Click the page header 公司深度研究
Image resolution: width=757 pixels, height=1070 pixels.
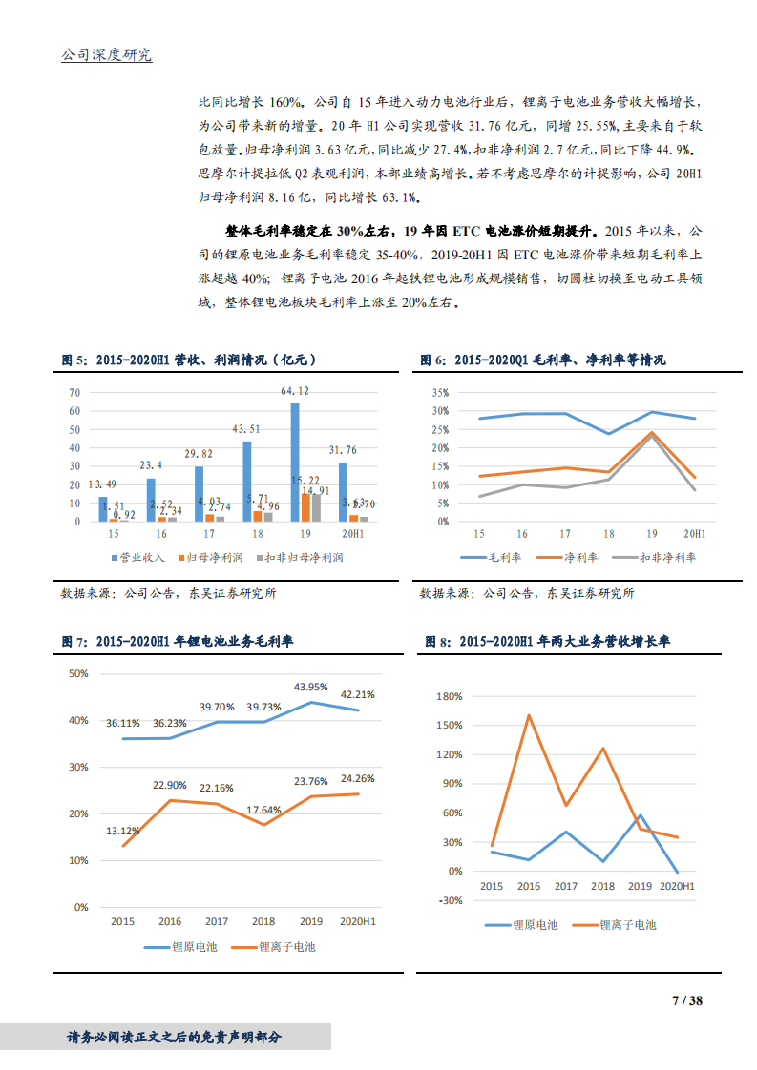(x=106, y=55)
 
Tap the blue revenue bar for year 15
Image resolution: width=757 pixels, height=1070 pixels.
(x=103, y=509)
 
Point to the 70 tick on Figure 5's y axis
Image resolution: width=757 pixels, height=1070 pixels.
(x=74, y=392)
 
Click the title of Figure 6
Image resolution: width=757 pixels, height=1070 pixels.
(x=542, y=360)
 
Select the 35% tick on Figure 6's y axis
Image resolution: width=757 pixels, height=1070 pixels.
(x=439, y=392)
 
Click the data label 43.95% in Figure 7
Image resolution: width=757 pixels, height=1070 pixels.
(x=311, y=687)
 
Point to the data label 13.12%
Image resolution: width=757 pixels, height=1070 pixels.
(x=123, y=830)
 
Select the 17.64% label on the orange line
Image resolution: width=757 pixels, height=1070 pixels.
(x=264, y=810)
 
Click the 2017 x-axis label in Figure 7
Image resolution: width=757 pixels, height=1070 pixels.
(x=217, y=921)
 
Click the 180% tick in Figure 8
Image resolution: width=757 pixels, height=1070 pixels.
(x=449, y=696)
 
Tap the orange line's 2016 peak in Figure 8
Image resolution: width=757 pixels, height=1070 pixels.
(x=528, y=715)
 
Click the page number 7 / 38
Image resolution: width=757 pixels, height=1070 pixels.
(x=687, y=1000)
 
